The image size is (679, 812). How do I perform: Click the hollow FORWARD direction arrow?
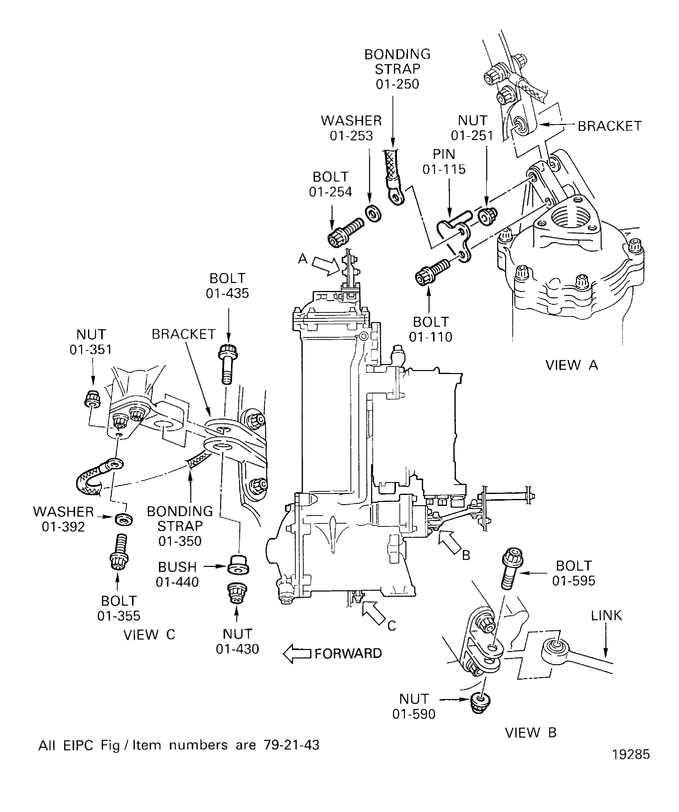coord(297,654)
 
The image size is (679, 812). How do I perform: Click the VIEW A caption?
coord(572,365)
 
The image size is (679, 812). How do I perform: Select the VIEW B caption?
coord(531,732)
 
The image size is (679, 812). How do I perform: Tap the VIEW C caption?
coord(149,635)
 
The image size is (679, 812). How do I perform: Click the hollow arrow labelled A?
coord(325,266)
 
